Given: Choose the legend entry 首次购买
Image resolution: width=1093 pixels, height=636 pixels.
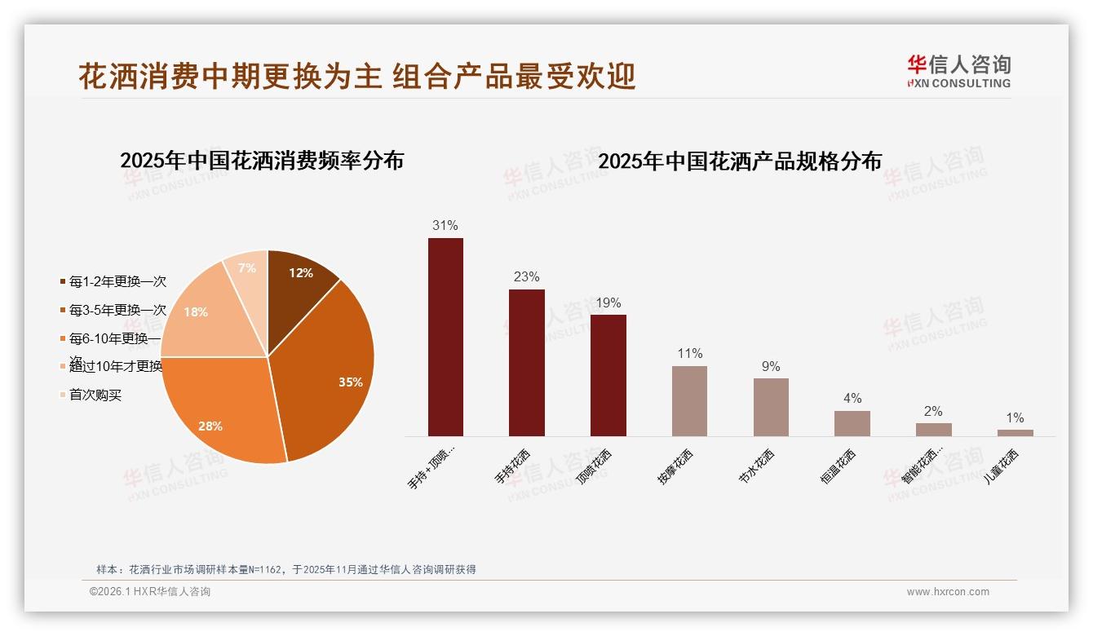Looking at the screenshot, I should click(x=95, y=395).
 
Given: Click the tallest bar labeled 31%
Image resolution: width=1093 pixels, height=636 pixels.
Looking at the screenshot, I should click(x=445, y=337).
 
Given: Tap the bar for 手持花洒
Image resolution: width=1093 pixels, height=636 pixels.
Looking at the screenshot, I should click(x=526, y=363).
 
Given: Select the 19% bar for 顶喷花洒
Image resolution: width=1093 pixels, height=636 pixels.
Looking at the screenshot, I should click(x=608, y=375).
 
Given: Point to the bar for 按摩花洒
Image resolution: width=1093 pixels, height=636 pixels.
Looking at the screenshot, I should click(x=689, y=400).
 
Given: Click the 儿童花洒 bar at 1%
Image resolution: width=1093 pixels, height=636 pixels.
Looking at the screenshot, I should click(x=1015, y=433).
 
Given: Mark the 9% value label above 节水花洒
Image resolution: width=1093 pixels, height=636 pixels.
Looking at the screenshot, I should click(x=771, y=367).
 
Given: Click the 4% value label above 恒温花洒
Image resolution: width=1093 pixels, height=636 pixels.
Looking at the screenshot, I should click(x=852, y=399).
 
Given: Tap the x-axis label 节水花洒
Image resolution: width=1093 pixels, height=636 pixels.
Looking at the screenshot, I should click(x=758, y=467).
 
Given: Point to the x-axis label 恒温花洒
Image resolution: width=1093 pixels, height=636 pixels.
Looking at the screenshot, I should click(x=839, y=467).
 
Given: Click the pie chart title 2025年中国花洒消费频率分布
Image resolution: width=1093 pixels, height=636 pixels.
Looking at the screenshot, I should click(x=262, y=161).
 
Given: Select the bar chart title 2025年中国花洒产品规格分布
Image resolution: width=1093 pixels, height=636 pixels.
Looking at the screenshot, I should click(x=740, y=161).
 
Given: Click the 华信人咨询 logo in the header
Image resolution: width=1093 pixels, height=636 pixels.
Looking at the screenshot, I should click(x=958, y=71).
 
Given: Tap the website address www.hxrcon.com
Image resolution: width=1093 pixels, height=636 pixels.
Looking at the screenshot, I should click(x=948, y=592).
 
